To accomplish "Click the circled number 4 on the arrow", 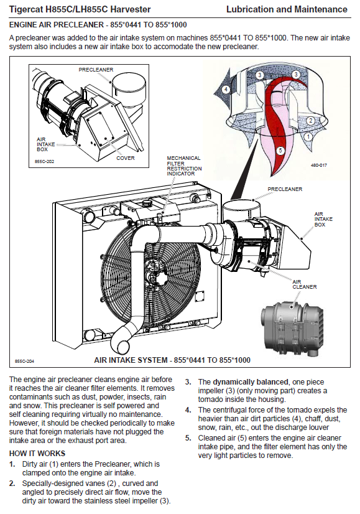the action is pyautogui.click(x=226, y=89).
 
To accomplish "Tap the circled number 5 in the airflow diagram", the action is pyautogui.click(x=280, y=151).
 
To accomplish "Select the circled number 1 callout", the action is pyautogui.click(x=308, y=136).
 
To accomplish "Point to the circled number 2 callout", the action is pyautogui.click(x=310, y=120).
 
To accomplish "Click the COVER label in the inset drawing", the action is pyautogui.click(x=126, y=158).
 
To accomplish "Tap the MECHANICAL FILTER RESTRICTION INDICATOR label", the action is pyautogui.click(x=184, y=166).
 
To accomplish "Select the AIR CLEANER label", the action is pyautogui.click(x=305, y=284).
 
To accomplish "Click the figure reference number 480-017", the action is pyautogui.click(x=319, y=166).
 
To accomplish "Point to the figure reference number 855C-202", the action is pyautogui.click(x=44, y=162).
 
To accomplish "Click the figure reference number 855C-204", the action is pyautogui.click(x=24, y=362).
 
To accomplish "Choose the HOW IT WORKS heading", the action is pyautogui.click(x=37, y=454).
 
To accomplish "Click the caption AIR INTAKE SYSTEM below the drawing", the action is pyautogui.click(x=131, y=360).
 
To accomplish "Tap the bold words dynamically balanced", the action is pyautogui.click(x=251, y=382).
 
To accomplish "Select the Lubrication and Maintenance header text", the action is pyautogui.click(x=287, y=9).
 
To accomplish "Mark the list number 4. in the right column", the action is pyautogui.click(x=188, y=410).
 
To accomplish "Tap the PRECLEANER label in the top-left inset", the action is pyautogui.click(x=96, y=70).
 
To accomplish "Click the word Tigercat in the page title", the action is pyautogui.click(x=26, y=9).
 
